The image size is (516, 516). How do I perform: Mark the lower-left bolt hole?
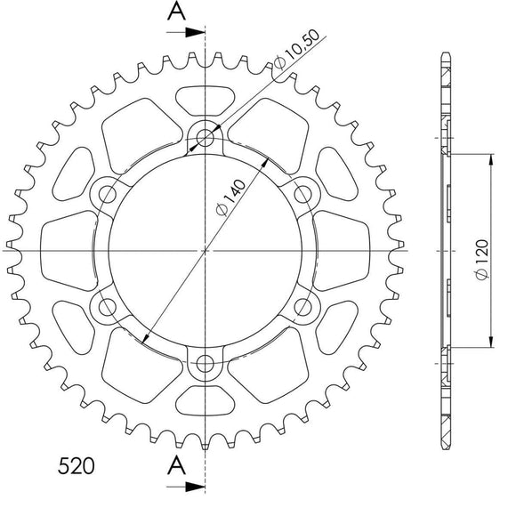pos(109,307)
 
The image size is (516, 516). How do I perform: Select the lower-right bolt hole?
pos(305,307)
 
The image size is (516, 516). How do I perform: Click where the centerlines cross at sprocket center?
pos(206,250)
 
